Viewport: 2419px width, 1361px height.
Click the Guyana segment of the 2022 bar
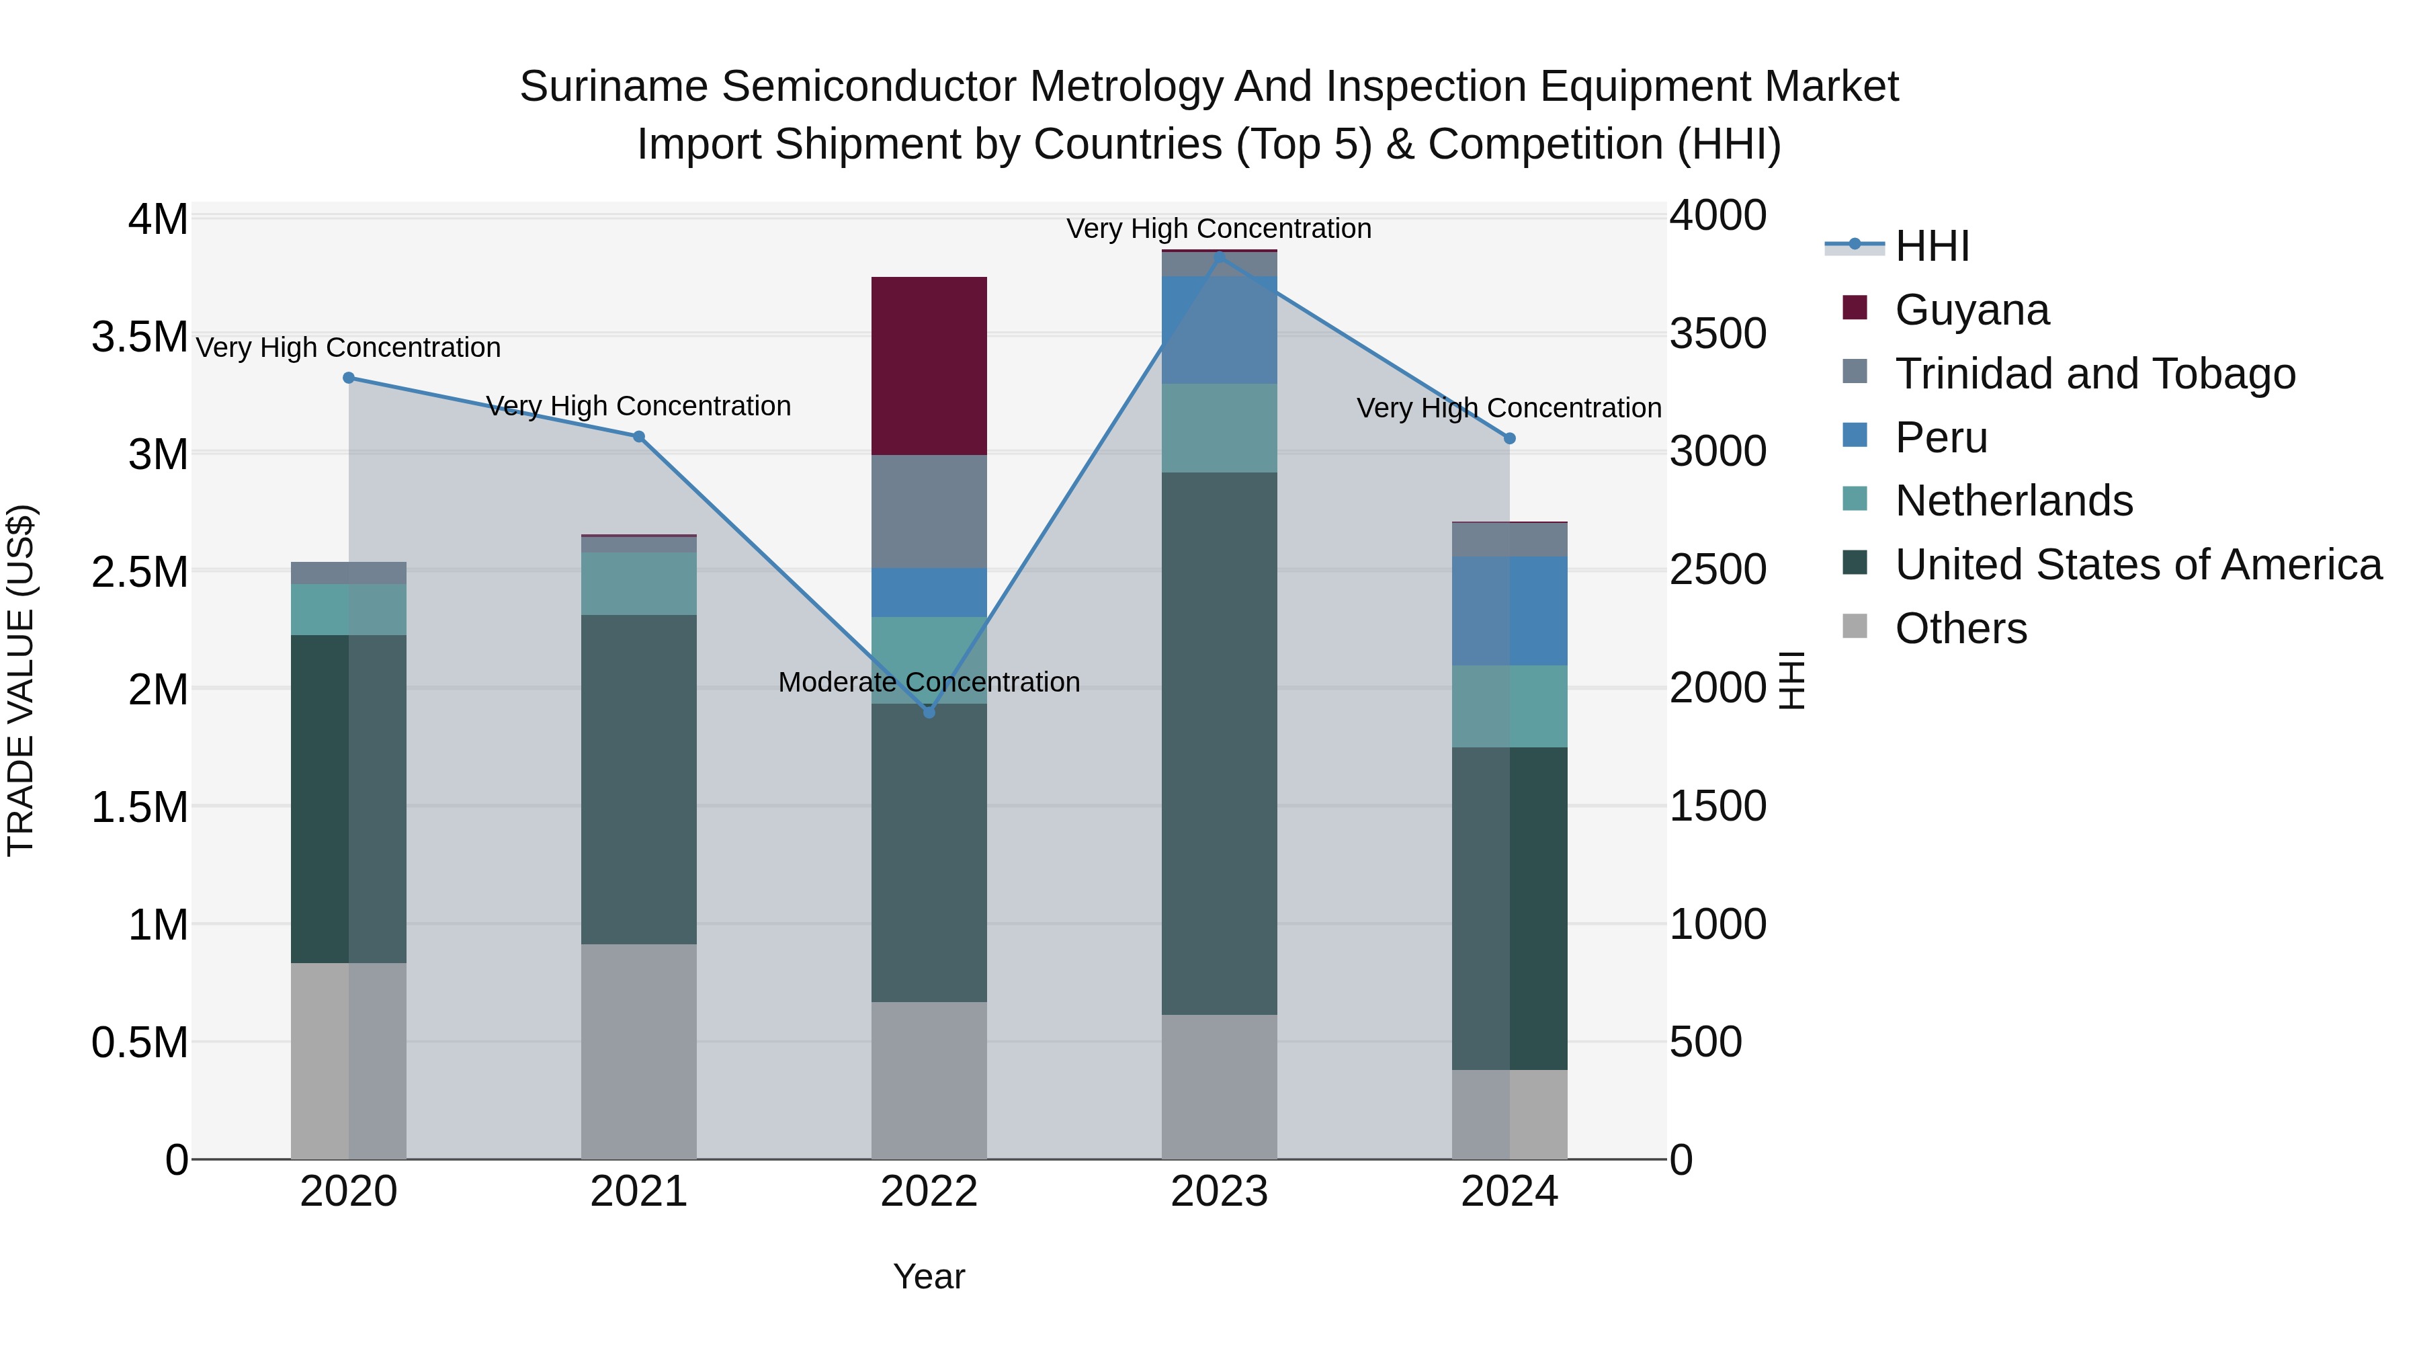929,366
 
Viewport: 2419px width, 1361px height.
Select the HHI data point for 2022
929,712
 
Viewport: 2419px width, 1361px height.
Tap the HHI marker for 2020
348,378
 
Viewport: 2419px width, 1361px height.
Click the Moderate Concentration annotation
929,682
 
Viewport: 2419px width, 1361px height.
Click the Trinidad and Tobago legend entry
2094,374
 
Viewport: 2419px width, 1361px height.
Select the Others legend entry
1960,628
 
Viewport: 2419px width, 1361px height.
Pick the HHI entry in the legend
1932,246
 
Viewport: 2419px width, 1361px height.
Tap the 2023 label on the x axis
1219,1192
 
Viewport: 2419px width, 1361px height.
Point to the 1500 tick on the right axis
1717,806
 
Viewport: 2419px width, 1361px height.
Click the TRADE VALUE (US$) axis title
21,680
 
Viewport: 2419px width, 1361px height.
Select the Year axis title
929,1276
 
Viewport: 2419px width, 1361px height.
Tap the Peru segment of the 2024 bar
1509,610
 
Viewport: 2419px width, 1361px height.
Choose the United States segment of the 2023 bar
1219,742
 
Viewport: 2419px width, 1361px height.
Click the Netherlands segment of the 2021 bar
638,583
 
